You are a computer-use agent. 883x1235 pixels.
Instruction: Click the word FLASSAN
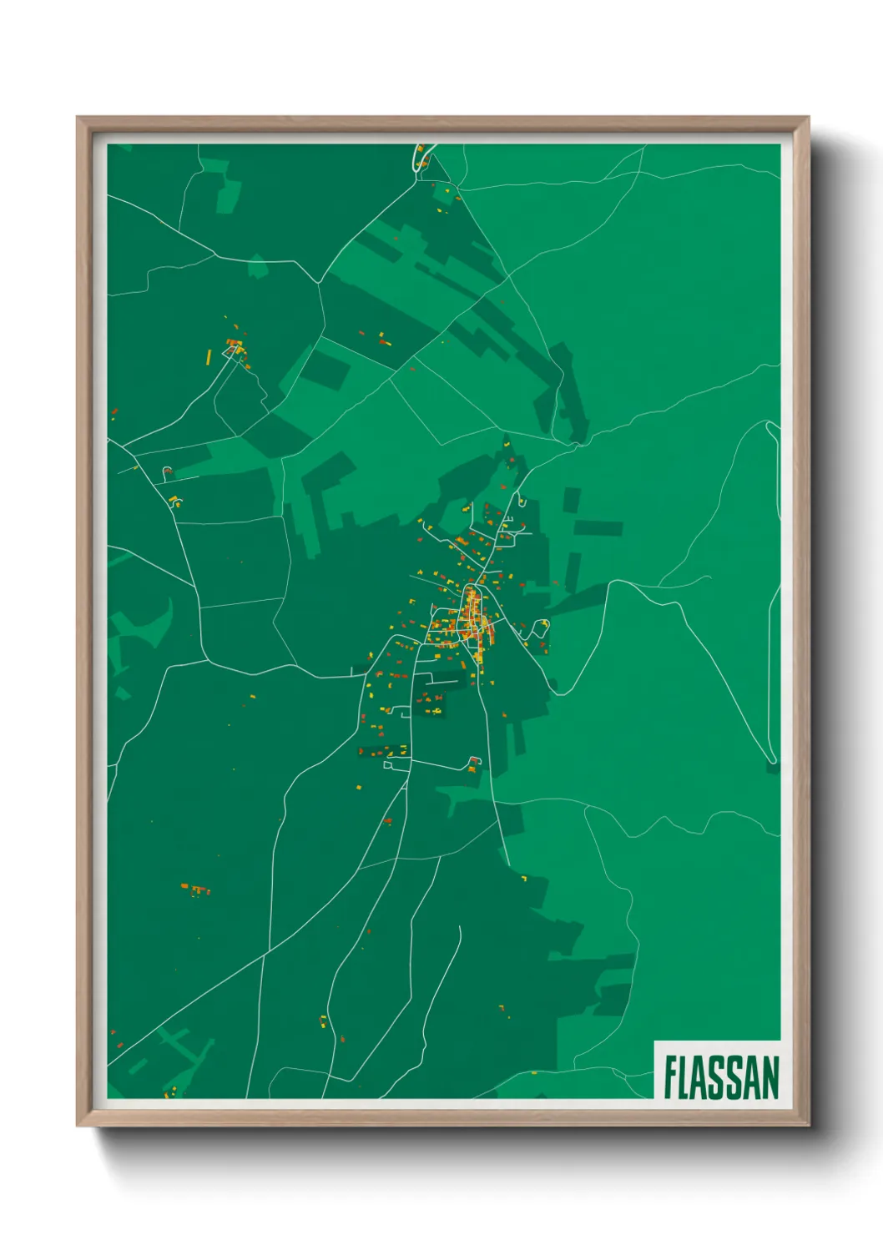coord(721,1076)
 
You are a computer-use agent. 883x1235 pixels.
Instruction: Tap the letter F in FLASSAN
coord(671,1076)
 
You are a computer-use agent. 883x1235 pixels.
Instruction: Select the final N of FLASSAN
coord(769,1076)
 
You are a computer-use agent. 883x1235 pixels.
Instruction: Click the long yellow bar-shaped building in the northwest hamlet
coord(209,357)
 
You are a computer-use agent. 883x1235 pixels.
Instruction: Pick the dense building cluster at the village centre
coord(472,617)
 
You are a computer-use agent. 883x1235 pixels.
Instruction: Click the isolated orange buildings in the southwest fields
coord(196,890)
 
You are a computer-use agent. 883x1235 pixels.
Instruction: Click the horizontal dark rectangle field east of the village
coord(598,528)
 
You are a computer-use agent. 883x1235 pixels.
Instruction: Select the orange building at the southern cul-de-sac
coord(474,761)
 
